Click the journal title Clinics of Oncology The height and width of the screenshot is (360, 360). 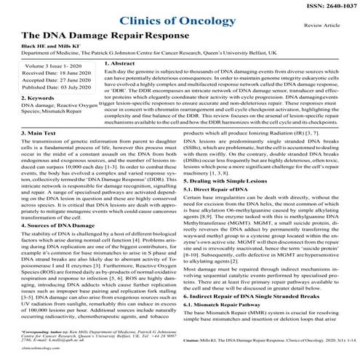tap(179, 23)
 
